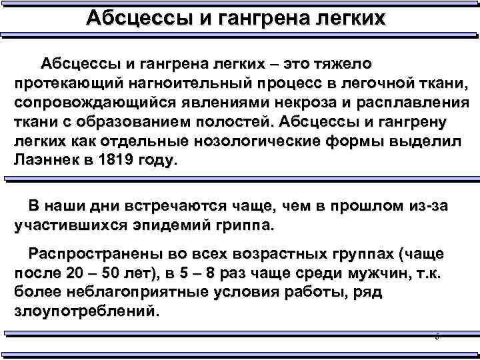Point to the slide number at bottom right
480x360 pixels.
click(x=437, y=339)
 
